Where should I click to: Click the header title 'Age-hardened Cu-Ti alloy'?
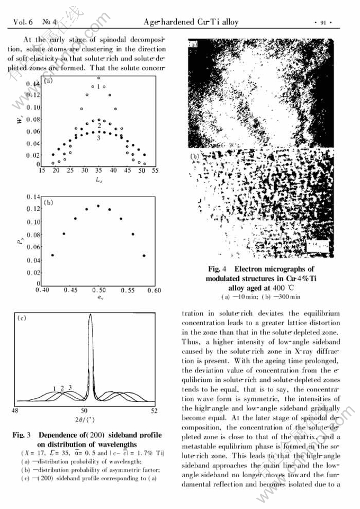click(x=191, y=22)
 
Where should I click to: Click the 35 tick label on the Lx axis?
click(x=98, y=171)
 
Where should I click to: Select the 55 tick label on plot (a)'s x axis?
click(x=155, y=171)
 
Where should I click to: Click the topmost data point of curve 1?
click(x=98, y=77)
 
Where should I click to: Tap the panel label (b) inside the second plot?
click(x=49, y=202)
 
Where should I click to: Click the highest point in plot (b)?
click(x=98, y=206)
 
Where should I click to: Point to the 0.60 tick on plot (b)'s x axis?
click(x=155, y=291)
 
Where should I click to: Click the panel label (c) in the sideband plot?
click(x=22, y=319)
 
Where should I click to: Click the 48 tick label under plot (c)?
click(x=15, y=411)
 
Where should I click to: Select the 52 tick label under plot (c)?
click(x=154, y=411)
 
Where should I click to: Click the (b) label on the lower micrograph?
click(x=194, y=156)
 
